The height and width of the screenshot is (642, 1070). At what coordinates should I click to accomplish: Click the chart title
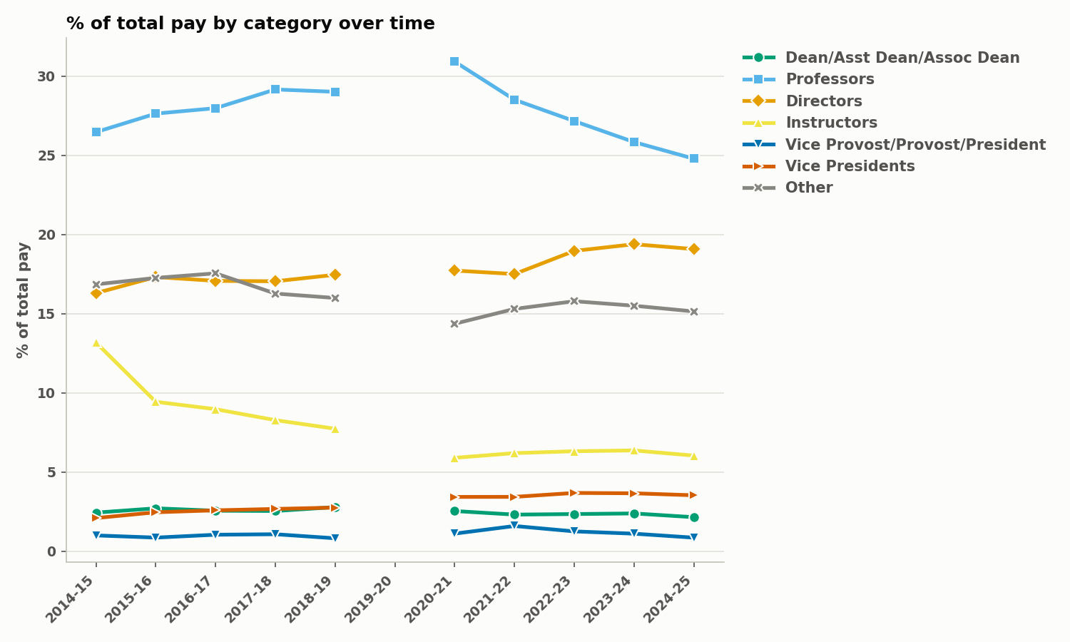[x=250, y=24]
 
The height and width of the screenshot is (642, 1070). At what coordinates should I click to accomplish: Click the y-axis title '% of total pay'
[x=23, y=300]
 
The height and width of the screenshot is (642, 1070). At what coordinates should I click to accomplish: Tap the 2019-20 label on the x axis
[x=369, y=599]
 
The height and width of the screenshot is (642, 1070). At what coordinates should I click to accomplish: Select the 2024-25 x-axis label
[x=668, y=599]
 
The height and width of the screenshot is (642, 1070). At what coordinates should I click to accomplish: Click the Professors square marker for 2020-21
[x=454, y=61]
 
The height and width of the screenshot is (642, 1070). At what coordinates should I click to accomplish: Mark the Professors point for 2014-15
[x=96, y=132]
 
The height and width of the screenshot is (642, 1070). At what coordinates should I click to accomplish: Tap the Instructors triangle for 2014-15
[x=96, y=343]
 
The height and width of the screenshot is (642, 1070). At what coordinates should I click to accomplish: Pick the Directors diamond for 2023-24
[x=634, y=244]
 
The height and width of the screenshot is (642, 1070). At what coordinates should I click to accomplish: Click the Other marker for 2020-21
[x=454, y=324]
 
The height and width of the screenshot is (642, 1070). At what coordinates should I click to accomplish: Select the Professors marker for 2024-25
[x=693, y=158]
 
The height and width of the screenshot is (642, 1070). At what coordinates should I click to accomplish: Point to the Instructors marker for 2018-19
[x=335, y=429]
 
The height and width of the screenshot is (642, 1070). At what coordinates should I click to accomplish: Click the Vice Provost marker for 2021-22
[x=514, y=526]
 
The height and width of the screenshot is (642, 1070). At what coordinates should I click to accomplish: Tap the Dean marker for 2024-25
[x=693, y=517]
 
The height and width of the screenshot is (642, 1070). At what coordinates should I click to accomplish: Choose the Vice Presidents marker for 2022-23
[x=574, y=493]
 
